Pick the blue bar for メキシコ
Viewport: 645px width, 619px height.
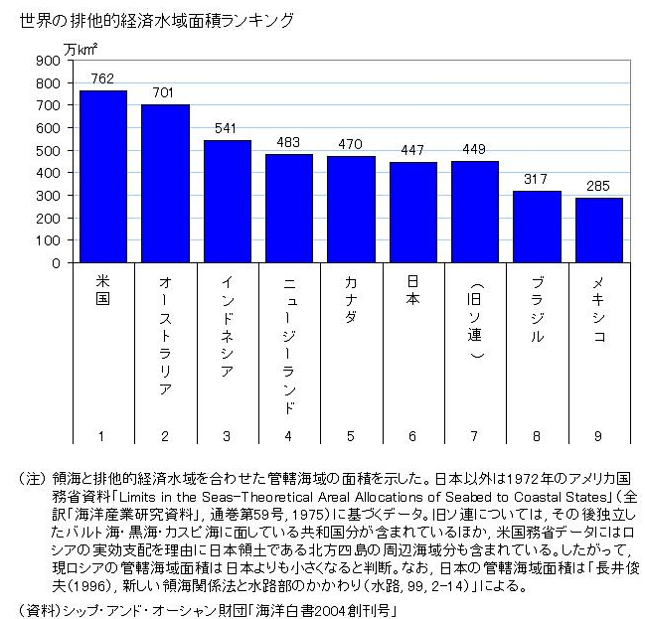(x=599, y=231)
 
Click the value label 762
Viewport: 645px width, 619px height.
(x=102, y=78)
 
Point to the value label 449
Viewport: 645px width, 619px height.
(x=475, y=150)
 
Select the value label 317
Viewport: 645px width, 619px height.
(x=537, y=180)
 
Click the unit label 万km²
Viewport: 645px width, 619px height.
(x=81, y=45)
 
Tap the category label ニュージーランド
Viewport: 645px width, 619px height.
(x=289, y=344)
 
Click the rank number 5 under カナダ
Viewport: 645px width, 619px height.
(x=351, y=435)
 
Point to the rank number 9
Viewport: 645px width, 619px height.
(x=599, y=435)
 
